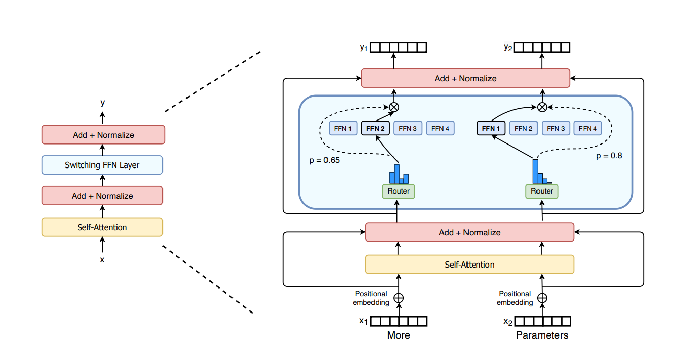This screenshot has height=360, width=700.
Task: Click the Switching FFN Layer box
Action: coord(102,165)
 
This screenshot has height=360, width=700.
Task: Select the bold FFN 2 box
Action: coord(376,128)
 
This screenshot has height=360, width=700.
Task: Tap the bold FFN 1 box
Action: coord(491,128)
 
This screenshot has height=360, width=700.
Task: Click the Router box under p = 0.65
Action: coord(399,191)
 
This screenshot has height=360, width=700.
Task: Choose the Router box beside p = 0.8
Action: coord(542,191)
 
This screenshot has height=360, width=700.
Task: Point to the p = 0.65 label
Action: coord(325,160)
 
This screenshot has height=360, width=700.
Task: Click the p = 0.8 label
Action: coord(609,156)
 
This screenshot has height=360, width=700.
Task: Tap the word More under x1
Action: coord(399,335)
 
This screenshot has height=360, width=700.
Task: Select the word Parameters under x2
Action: coord(542,335)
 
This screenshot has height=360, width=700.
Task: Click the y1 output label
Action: coord(364,47)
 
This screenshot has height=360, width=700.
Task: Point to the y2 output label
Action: coord(508,47)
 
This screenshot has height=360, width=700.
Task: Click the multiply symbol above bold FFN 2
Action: coord(394,107)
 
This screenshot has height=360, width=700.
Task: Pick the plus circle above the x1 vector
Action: coord(399,298)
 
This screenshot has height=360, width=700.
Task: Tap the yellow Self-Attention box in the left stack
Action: coord(102,227)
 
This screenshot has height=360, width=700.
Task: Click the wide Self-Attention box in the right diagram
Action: coord(470,265)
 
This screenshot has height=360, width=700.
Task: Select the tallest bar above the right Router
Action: coord(535,171)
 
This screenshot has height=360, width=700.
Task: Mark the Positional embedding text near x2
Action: coord(515,298)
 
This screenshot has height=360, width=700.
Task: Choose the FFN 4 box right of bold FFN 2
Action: coord(440,128)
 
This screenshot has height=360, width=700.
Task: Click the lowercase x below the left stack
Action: coord(102,260)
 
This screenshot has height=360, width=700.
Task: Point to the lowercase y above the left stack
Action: coord(103,103)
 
